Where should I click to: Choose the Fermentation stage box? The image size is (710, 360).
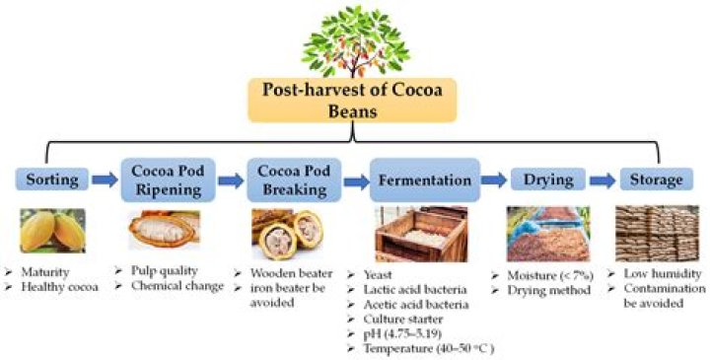[x=426, y=180]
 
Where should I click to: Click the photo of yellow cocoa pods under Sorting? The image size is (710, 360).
[x=50, y=231]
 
